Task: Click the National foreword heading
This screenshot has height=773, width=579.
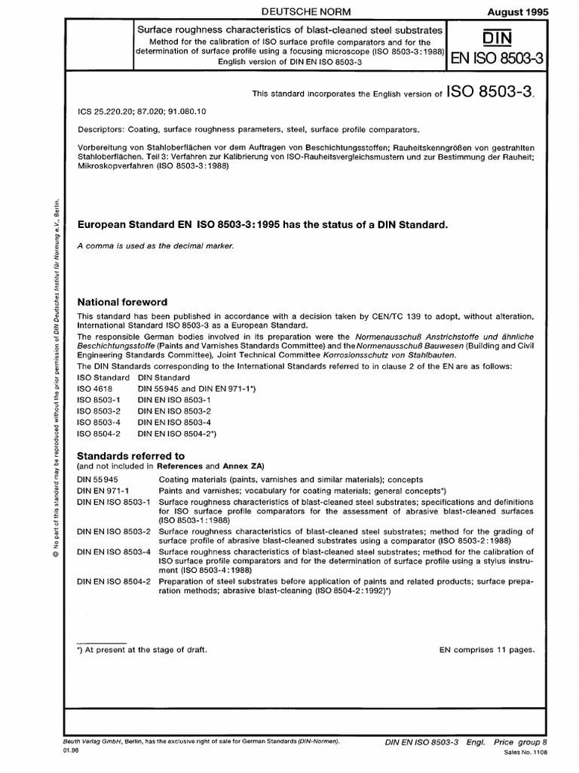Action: [x=128, y=302]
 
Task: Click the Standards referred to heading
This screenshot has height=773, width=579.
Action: [x=136, y=456]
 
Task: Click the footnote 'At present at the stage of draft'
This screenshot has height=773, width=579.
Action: [x=143, y=649]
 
